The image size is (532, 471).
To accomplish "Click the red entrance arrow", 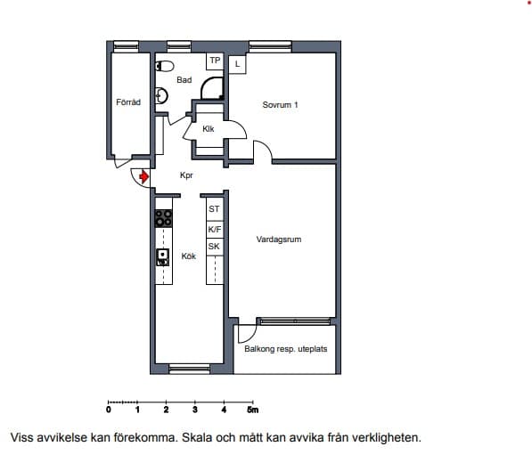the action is pos(144,176).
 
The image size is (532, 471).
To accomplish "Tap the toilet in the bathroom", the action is pos(165,66).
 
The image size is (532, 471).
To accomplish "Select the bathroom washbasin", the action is pos(161,95).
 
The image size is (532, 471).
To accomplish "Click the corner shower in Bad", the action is pos(212,88).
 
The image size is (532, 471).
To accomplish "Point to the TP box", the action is pos(215,61).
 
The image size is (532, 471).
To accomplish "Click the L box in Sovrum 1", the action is pos(238,64).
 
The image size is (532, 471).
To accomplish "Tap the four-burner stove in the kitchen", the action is pos(164,218).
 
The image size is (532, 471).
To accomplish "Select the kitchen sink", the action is pos(163,257).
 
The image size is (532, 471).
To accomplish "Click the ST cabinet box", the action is pos(215,209).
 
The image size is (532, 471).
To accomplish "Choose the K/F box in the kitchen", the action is pos(215,230).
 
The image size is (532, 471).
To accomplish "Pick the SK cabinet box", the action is pos(215,247).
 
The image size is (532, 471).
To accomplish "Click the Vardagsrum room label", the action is pos(279,240).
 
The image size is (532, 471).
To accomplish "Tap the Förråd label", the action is pos(128,102).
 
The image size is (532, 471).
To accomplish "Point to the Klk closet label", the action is pos(209,129).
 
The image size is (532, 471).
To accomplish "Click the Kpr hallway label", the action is pos(186,175).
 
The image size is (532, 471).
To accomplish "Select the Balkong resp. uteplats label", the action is pos(286,349).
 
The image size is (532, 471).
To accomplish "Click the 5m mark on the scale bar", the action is pos(253,410).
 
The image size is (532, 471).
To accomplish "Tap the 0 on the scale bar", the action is pos(109,410).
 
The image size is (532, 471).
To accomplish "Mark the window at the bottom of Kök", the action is pos(189,369).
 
